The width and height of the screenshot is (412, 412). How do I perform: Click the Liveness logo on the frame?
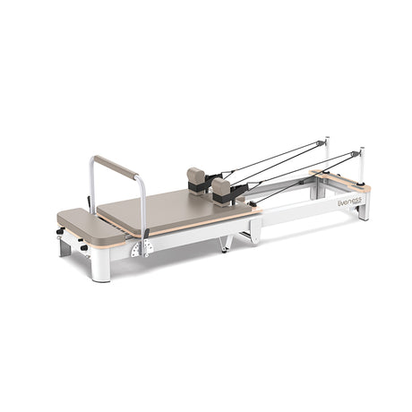pos(348,202)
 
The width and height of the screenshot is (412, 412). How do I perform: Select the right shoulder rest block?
pos(221,188)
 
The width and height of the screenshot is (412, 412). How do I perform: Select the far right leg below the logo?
pos(363,211)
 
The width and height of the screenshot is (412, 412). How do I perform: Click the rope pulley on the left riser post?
pos(322,143)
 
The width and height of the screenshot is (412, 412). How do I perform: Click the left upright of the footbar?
pos(91,184)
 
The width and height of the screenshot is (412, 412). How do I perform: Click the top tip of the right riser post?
pos(362,150)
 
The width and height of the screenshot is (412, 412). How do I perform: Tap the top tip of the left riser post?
pos(327,139)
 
